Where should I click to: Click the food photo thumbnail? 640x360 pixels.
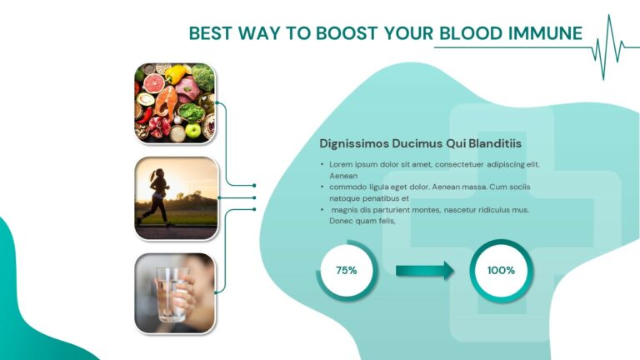(175, 103)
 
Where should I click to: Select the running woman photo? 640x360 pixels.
(176, 198)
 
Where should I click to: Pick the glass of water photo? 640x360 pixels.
(175, 292)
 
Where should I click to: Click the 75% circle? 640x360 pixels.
(347, 270)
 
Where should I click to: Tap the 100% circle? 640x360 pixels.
(501, 270)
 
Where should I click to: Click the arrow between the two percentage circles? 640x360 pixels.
(424, 270)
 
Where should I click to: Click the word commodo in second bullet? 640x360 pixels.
(348, 187)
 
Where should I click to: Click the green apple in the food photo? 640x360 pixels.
(193, 130)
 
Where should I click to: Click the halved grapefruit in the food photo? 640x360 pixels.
(154, 83)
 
